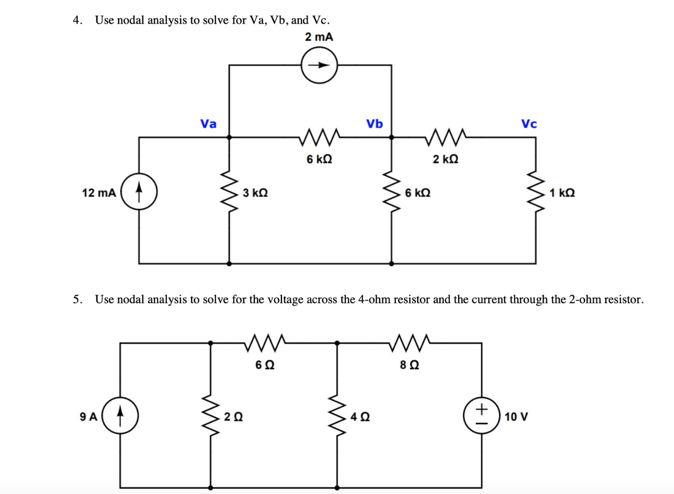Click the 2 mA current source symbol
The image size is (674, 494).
(x=319, y=65)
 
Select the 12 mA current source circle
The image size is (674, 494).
(x=139, y=192)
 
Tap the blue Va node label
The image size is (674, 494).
(x=208, y=124)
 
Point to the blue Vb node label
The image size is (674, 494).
(x=374, y=124)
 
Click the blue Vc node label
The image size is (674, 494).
(x=529, y=124)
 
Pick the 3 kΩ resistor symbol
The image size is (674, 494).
(x=229, y=192)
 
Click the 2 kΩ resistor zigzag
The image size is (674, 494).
(x=445, y=137)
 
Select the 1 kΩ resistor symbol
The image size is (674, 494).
(x=536, y=192)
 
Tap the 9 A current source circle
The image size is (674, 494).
(x=121, y=415)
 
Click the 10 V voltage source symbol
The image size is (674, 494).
(x=482, y=415)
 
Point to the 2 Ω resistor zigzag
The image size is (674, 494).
(x=211, y=415)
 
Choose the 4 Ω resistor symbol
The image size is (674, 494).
(x=337, y=415)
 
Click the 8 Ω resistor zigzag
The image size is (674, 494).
(x=409, y=343)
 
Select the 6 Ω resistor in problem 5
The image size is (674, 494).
(x=265, y=343)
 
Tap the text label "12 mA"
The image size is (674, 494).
(x=99, y=193)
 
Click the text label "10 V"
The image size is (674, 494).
(x=516, y=417)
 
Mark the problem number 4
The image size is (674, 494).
(x=77, y=20)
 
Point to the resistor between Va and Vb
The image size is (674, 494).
(x=319, y=137)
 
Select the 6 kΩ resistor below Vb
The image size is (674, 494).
(x=391, y=192)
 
